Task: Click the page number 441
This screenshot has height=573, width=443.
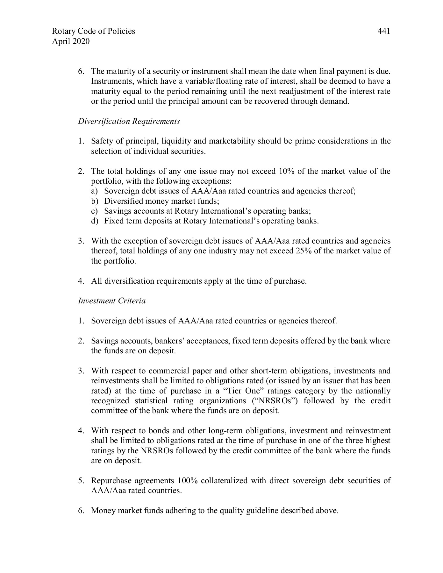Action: [x=383, y=31]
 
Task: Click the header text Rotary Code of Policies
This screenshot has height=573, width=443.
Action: [x=93, y=31]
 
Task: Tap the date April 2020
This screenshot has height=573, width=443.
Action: [x=71, y=41]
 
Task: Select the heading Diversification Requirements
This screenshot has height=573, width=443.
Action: [x=129, y=121]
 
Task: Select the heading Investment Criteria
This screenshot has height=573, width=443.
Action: [x=112, y=301]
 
